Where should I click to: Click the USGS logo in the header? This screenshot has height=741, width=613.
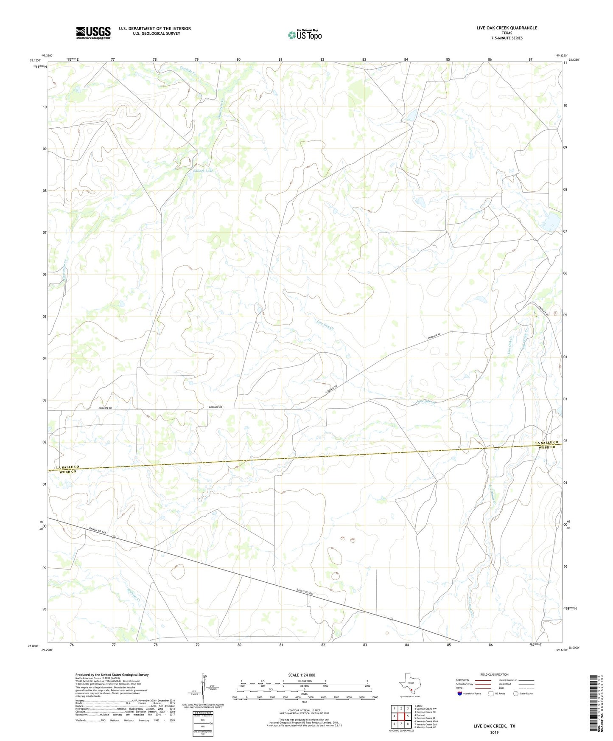point(93,33)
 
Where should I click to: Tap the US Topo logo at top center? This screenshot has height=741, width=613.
point(305,34)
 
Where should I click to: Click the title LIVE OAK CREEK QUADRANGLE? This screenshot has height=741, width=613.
point(507,28)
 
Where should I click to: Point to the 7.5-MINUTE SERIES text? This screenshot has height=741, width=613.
point(507,38)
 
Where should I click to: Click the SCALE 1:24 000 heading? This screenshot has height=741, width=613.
point(302,675)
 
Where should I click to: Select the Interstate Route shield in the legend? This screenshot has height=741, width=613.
point(460,693)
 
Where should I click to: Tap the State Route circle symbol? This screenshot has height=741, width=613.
point(516,693)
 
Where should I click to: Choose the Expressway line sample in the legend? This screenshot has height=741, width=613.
point(483,680)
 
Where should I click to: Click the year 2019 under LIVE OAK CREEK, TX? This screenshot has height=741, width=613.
point(494,732)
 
